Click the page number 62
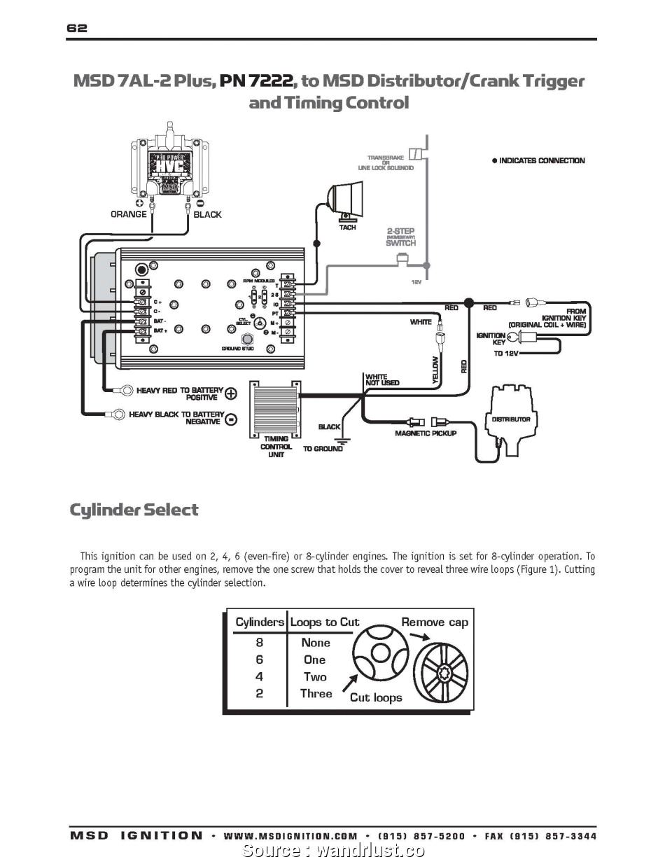(77, 28)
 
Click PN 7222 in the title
(257, 81)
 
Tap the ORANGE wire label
(129, 214)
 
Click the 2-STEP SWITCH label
(400, 237)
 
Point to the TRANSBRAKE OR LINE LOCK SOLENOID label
(386, 162)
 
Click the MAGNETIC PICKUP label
(426, 434)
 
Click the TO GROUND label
(323, 449)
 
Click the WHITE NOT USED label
(381, 379)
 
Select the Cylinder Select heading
(134, 510)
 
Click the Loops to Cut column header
(325, 622)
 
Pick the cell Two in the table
(315, 676)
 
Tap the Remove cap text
(434, 622)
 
